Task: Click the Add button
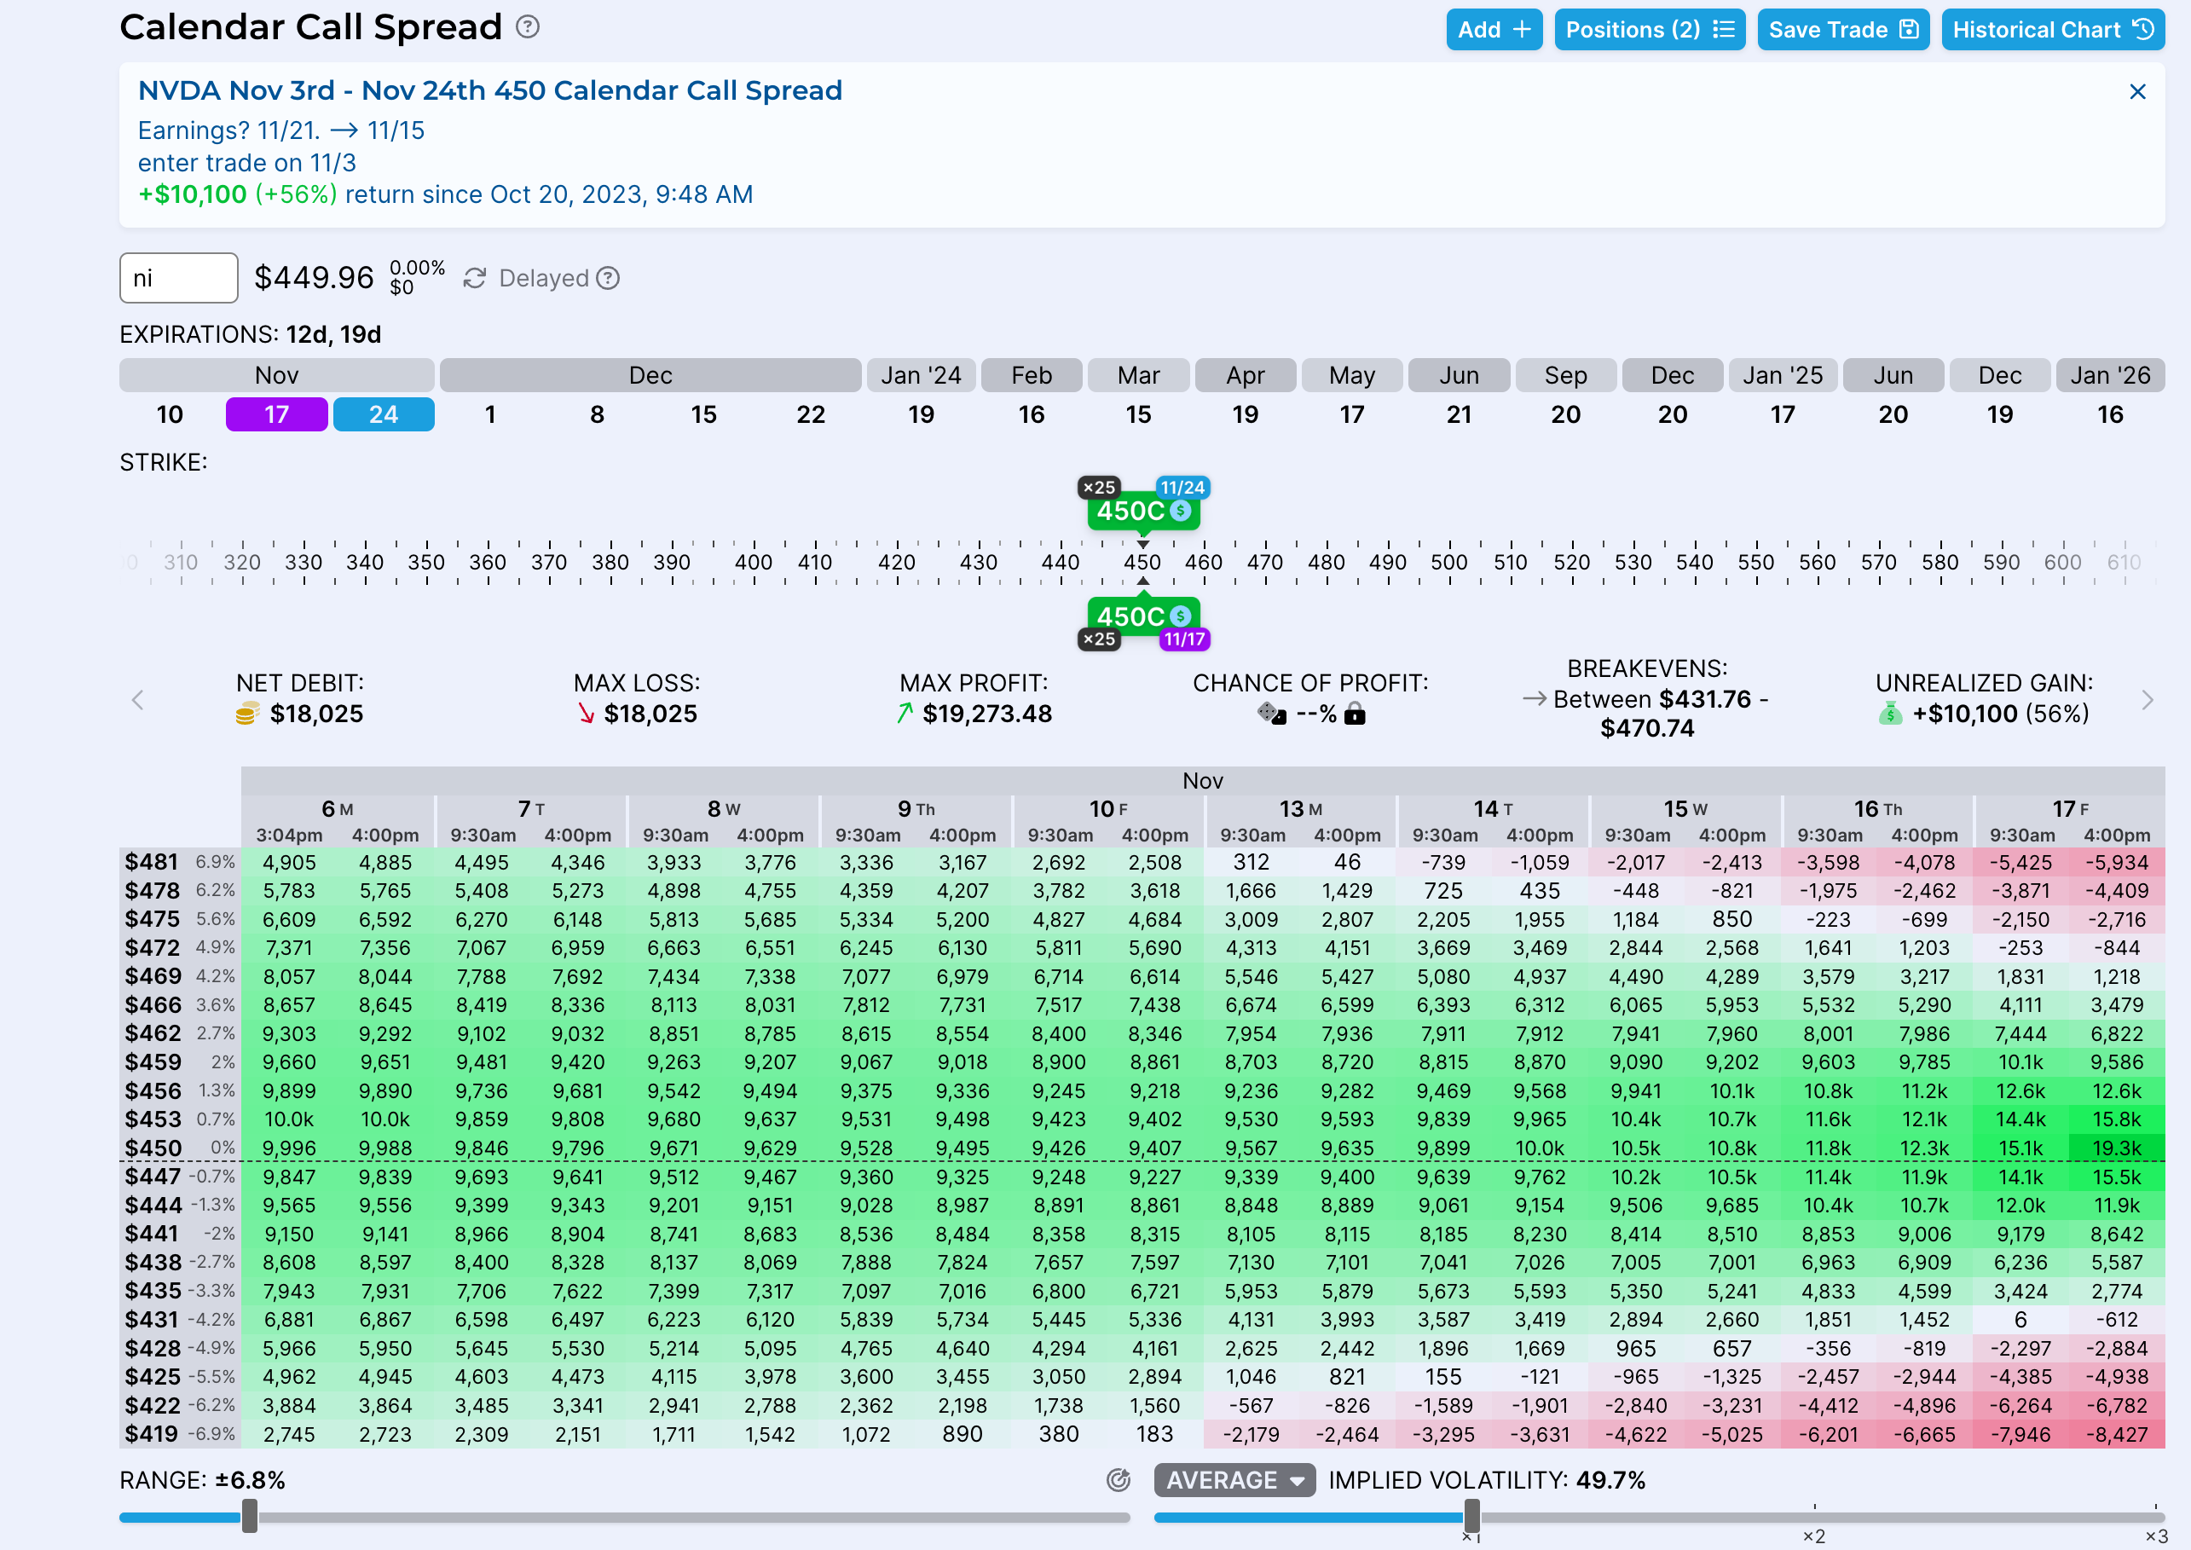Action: pyautogui.click(x=1494, y=30)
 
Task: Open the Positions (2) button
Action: pyautogui.click(x=1649, y=30)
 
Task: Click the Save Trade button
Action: pyautogui.click(x=1842, y=30)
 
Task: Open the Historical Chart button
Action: pyautogui.click(x=2052, y=30)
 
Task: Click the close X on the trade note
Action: pyautogui.click(x=2137, y=91)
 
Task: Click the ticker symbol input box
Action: pyautogui.click(x=178, y=278)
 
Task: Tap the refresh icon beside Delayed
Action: pyautogui.click(x=474, y=278)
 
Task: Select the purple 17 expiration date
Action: pyautogui.click(x=277, y=414)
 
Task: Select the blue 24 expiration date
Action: pyautogui.click(x=383, y=414)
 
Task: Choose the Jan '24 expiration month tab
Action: pyautogui.click(x=921, y=375)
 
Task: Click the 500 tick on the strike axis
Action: pyautogui.click(x=1448, y=562)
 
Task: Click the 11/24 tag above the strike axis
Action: pyautogui.click(x=1182, y=488)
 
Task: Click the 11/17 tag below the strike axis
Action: pyautogui.click(x=1184, y=639)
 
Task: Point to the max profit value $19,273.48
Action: pyautogui.click(x=986, y=714)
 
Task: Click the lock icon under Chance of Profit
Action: pyautogui.click(x=1354, y=714)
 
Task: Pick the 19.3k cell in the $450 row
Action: pyautogui.click(x=2117, y=1148)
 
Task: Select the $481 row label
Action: pyautogui.click(x=152, y=862)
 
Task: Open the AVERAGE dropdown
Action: pyautogui.click(x=1234, y=1480)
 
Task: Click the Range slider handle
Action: pyautogui.click(x=250, y=1516)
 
